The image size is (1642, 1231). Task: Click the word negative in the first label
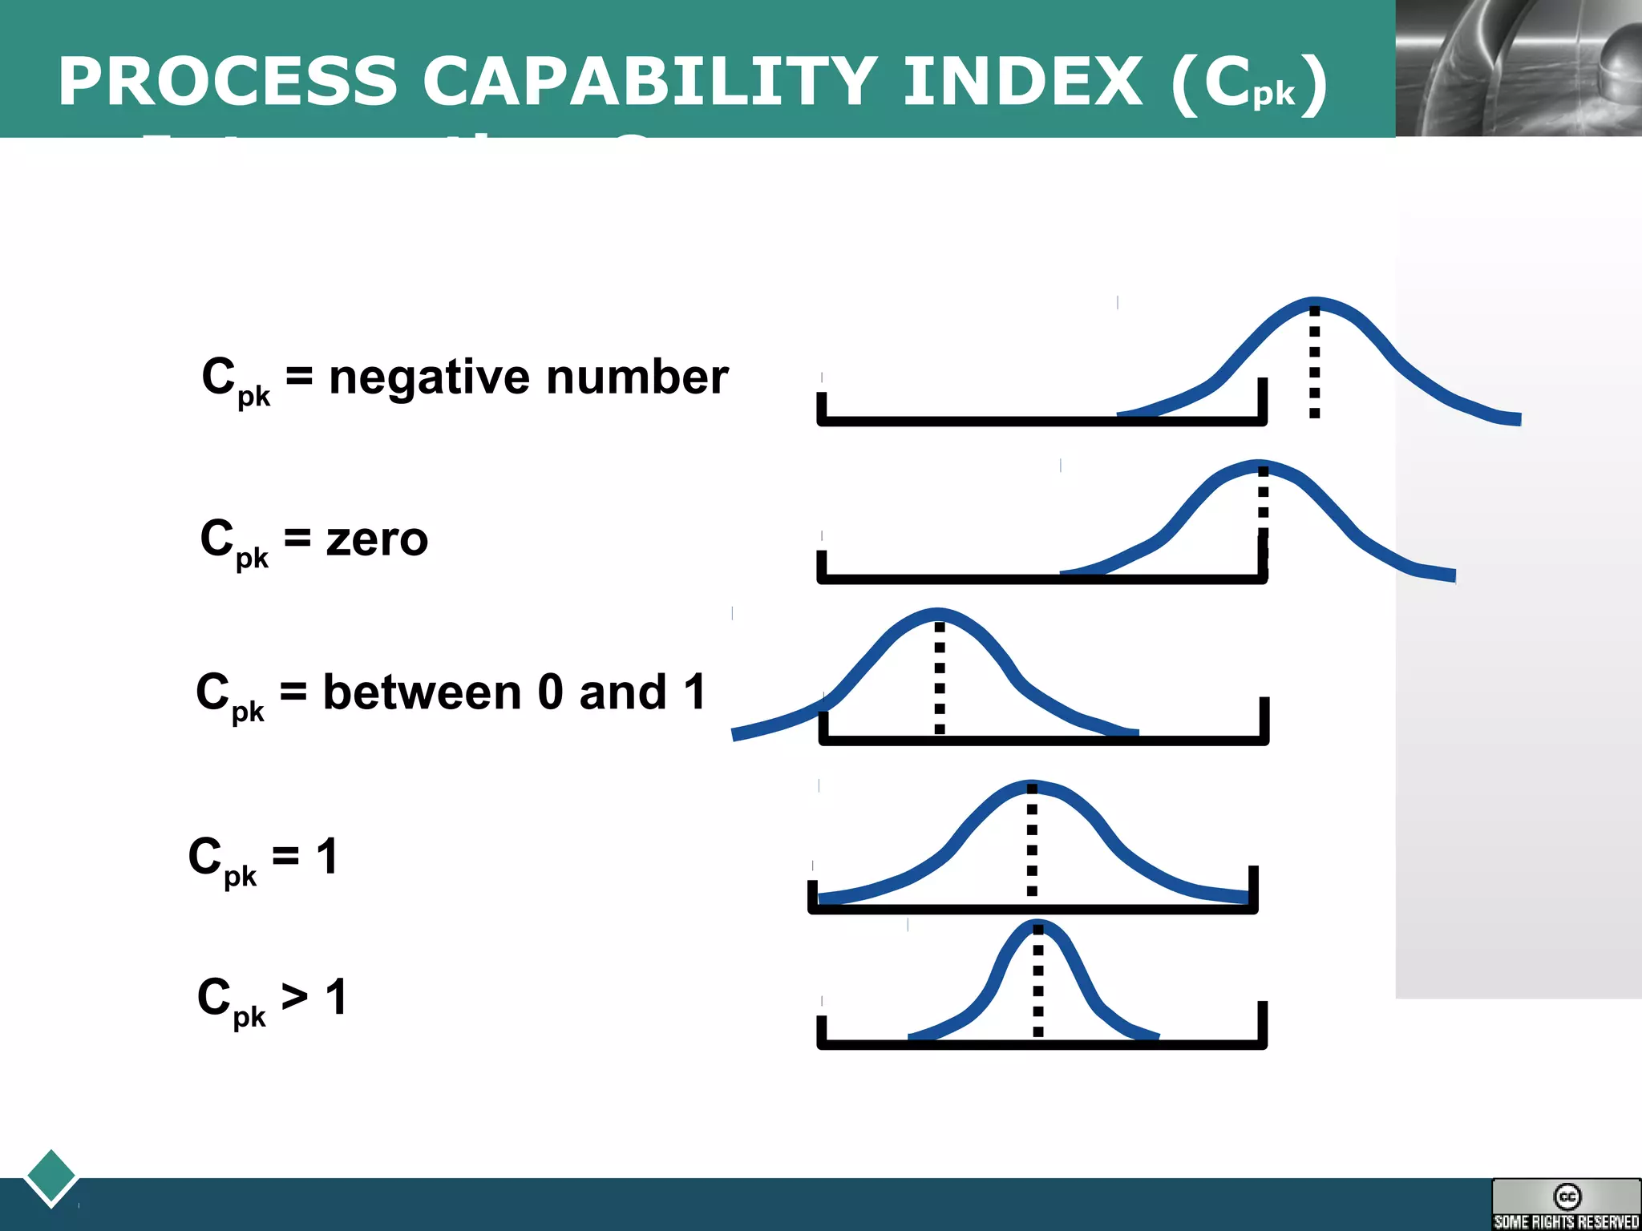430,377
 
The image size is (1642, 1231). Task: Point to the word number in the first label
637,377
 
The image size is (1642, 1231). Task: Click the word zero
377,539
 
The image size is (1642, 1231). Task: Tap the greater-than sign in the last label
294,997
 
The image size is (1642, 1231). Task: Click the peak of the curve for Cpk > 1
1037,923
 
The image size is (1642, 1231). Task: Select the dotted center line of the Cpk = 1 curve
1032,842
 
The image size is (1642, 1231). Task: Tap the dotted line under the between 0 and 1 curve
940,678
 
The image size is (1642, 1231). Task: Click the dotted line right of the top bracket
1314,361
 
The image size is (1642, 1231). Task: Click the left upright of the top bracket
821,406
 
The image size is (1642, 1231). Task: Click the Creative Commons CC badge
1566,1203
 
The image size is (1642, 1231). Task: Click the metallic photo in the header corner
1518,67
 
